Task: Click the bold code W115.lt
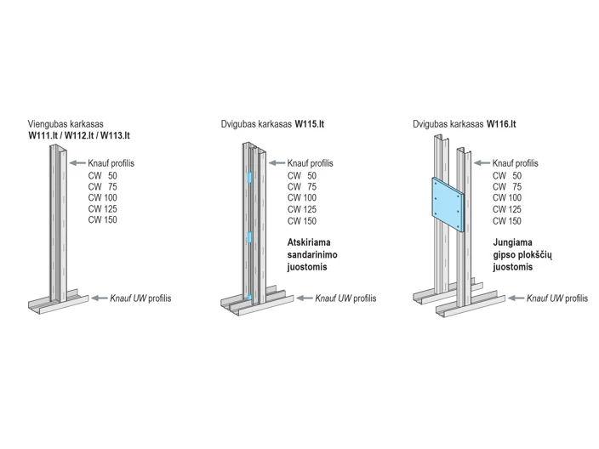click(310, 124)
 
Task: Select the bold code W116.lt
click(501, 124)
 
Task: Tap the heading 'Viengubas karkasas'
click(66, 124)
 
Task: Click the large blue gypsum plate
click(448, 205)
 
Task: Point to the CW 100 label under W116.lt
click(507, 198)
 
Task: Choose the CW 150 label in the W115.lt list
click(302, 221)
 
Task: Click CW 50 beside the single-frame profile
click(102, 176)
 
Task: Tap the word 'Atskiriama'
click(309, 242)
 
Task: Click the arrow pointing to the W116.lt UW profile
click(516, 298)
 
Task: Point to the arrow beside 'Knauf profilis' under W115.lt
click(277, 163)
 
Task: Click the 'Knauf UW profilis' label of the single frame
click(140, 298)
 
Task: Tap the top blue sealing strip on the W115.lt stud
click(249, 178)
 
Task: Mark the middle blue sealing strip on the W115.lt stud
click(249, 237)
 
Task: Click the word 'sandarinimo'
click(312, 254)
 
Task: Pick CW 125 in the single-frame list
click(102, 209)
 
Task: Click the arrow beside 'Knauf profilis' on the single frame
click(77, 163)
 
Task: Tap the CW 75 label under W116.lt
click(507, 187)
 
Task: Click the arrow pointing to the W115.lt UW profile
click(305, 298)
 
